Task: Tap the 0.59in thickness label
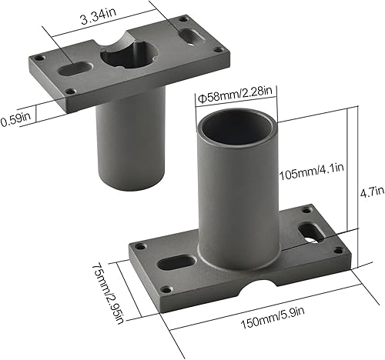click(x=12, y=121)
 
